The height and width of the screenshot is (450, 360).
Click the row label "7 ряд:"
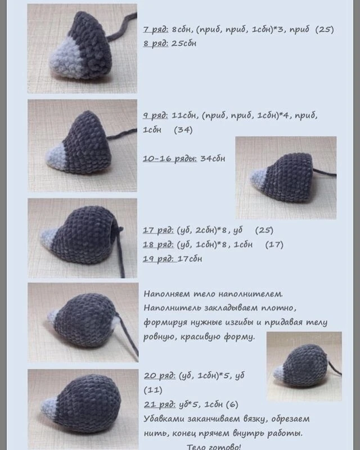(x=156, y=30)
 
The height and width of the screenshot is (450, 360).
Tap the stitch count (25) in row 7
(x=325, y=30)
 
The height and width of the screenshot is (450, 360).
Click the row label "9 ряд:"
(x=156, y=116)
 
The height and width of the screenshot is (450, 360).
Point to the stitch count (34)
(x=183, y=130)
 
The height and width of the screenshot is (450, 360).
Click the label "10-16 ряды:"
(x=170, y=159)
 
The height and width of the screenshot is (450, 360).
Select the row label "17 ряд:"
(x=158, y=231)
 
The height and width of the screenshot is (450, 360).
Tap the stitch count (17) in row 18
(x=274, y=245)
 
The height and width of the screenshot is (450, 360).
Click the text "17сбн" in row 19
(x=190, y=259)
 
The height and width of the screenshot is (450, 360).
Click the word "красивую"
(x=200, y=336)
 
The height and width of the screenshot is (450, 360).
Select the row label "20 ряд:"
(x=160, y=376)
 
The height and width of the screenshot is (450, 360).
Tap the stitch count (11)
(x=153, y=390)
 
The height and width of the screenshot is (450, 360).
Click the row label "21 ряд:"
(x=160, y=404)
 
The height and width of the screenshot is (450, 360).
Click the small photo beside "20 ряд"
(x=304, y=366)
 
